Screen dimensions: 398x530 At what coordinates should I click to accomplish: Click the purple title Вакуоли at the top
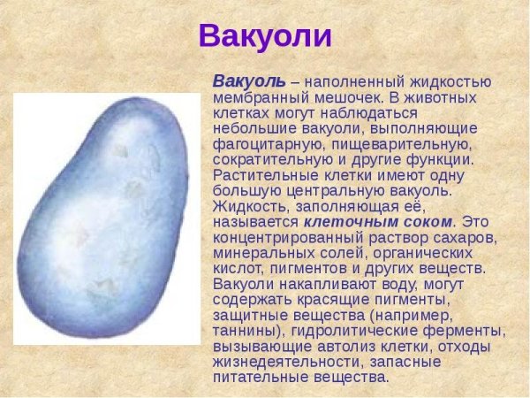coord(265,36)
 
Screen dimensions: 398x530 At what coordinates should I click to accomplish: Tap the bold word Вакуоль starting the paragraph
coord(250,80)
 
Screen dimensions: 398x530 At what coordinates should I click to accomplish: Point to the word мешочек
coord(340,96)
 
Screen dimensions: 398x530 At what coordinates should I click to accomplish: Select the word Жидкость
coord(245,207)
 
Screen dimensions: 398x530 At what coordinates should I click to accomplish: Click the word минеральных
coord(255,254)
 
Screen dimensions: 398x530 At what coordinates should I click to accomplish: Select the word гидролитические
coord(355,331)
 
